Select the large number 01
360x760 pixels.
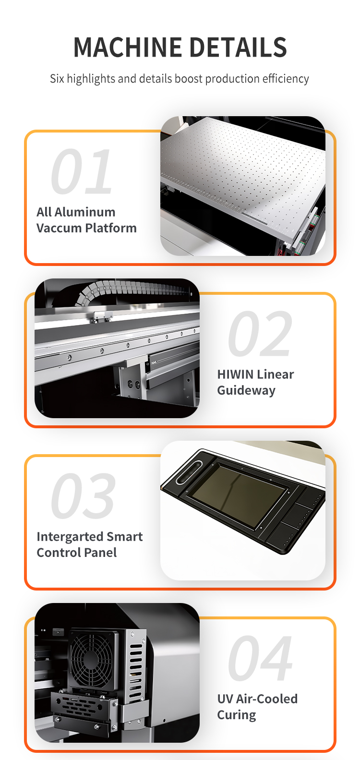click(82, 171)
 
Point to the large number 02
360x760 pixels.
click(260, 334)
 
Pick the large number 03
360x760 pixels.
click(83, 495)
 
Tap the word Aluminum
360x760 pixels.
click(85, 212)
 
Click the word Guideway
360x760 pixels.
click(246, 390)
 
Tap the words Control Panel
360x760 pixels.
click(77, 553)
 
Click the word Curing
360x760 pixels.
click(237, 715)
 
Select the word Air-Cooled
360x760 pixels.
click(267, 699)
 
